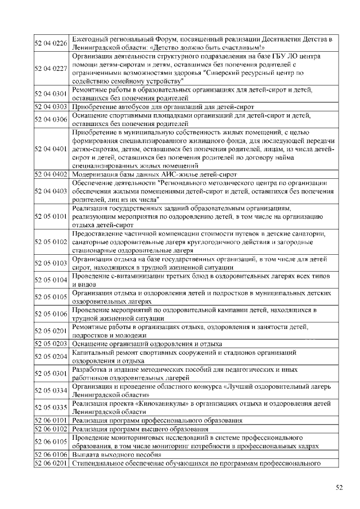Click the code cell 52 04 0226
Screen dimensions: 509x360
click(x=51, y=43)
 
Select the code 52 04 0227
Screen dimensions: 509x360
click(x=51, y=68)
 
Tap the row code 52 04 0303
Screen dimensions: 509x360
click(x=51, y=106)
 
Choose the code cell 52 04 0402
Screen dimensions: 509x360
click(x=51, y=174)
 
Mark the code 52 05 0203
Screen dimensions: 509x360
click(x=51, y=343)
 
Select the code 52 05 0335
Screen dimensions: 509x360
click(x=51, y=407)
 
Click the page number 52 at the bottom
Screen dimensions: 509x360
click(x=339, y=488)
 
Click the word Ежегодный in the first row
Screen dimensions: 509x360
click(x=93, y=39)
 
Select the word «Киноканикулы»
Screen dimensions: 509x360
click(x=154, y=403)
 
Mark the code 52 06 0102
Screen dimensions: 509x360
click(x=51, y=429)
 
